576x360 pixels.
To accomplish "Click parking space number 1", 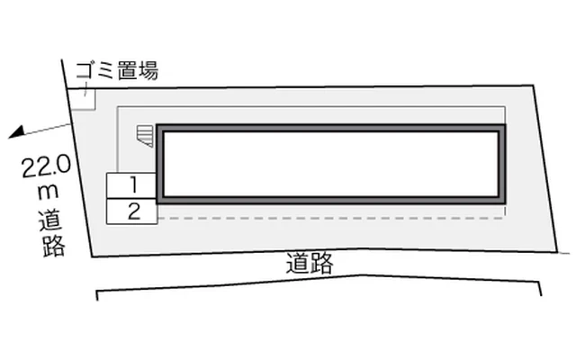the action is point(131,185).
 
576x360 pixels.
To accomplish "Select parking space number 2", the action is point(132,211).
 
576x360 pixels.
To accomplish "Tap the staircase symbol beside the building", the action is point(145,136).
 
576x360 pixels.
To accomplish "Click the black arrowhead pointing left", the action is point(16,132).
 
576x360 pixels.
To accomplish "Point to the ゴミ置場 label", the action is point(117,70).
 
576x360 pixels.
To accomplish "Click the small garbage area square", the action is point(83,99).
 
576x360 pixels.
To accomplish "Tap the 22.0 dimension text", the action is point(46,166).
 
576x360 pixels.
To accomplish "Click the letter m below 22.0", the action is point(48,192).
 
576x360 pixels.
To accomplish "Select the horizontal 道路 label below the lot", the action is point(310,263).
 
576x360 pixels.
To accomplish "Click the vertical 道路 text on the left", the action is point(52,234).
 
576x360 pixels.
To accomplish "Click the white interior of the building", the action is point(331,164).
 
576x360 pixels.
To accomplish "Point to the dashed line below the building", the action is point(331,218).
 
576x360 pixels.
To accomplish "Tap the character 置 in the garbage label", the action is point(127,71).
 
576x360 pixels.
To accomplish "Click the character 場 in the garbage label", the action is point(148,71).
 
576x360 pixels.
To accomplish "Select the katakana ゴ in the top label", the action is point(85,70).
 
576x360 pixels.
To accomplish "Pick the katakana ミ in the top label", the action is point(106,71).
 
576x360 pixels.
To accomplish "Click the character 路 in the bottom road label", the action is point(321,264).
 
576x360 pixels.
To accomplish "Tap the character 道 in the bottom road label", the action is point(298,263).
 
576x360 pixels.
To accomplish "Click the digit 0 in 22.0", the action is point(63,165).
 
